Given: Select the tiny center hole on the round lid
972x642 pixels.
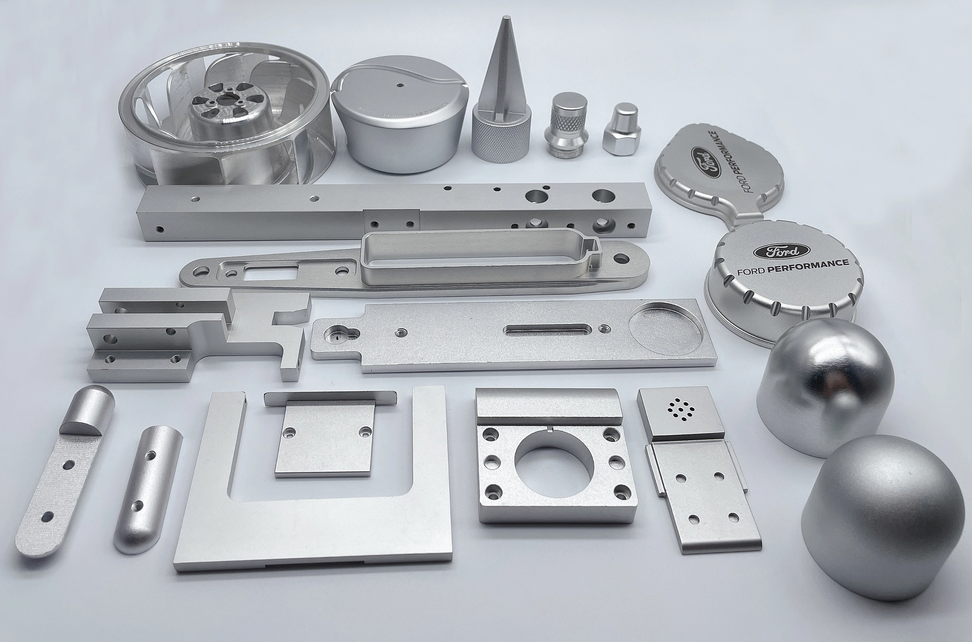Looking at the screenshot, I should (x=400, y=86).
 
